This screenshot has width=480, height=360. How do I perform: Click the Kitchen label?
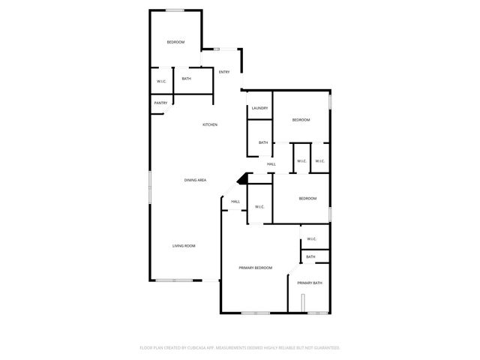pyautogui.click(x=210, y=124)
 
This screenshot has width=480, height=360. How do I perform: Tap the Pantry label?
pyautogui.click(x=160, y=103)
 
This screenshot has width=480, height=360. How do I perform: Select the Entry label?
pyautogui.click(x=223, y=72)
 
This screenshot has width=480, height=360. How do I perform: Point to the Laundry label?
pyautogui.click(x=259, y=108)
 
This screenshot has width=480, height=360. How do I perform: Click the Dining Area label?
pyautogui.click(x=196, y=180)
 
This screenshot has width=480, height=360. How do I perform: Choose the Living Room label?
pyautogui.click(x=184, y=246)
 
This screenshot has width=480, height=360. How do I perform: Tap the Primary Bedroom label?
pyautogui.click(x=255, y=268)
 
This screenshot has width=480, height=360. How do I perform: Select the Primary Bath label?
pyautogui.click(x=310, y=283)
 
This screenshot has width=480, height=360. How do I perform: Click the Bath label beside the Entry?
pyautogui.click(x=186, y=79)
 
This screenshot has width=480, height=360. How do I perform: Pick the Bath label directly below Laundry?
pyautogui.click(x=263, y=142)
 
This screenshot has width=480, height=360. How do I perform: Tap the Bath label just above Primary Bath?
pyautogui.click(x=310, y=256)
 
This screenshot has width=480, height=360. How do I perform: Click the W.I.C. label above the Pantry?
pyautogui.click(x=161, y=82)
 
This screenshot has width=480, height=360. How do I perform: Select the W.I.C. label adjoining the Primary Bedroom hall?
pyautogui.click(x=259, y=207)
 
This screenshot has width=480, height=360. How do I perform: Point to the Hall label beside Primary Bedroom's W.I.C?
pyautogui.click(x=235, y=201)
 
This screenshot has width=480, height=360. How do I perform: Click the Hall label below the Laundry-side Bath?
pyautogui.click(x=271, y=164)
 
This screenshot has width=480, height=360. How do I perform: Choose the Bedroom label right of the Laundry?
pyautogui.click(x=301, y=120)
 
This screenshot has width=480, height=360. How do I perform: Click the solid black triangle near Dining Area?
pyautogui.click(x=241, y=179)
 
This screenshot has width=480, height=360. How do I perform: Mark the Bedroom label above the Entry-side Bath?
pyautogui.click(x=175, y=42)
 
